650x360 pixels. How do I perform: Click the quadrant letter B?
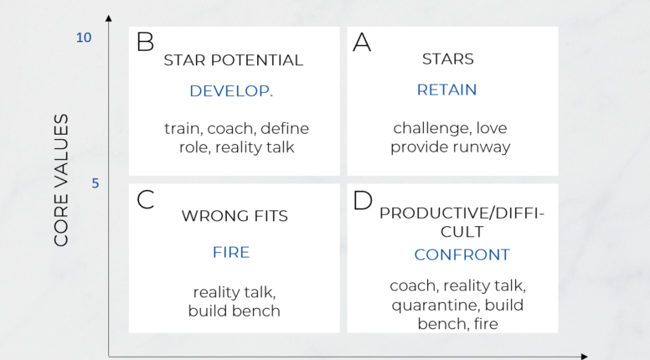point(146,42)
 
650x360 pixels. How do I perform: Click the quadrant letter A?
point(362,42)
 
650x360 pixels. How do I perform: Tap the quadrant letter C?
point(146,200)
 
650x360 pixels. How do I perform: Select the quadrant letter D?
point(363,201)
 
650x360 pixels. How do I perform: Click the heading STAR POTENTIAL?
point(233,60)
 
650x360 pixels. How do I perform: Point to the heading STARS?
point(448,59)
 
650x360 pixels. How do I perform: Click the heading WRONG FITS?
point(235,216)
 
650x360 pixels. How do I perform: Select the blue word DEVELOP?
point(231,90)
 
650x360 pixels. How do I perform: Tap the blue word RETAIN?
point(447,90)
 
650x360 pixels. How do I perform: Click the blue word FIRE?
point(231,252)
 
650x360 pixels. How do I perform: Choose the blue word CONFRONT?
point(462,254)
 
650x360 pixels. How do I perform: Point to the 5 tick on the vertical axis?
point(95,183)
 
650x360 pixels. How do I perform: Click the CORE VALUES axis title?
point(61,180)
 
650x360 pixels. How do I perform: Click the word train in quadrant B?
point(182,128)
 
